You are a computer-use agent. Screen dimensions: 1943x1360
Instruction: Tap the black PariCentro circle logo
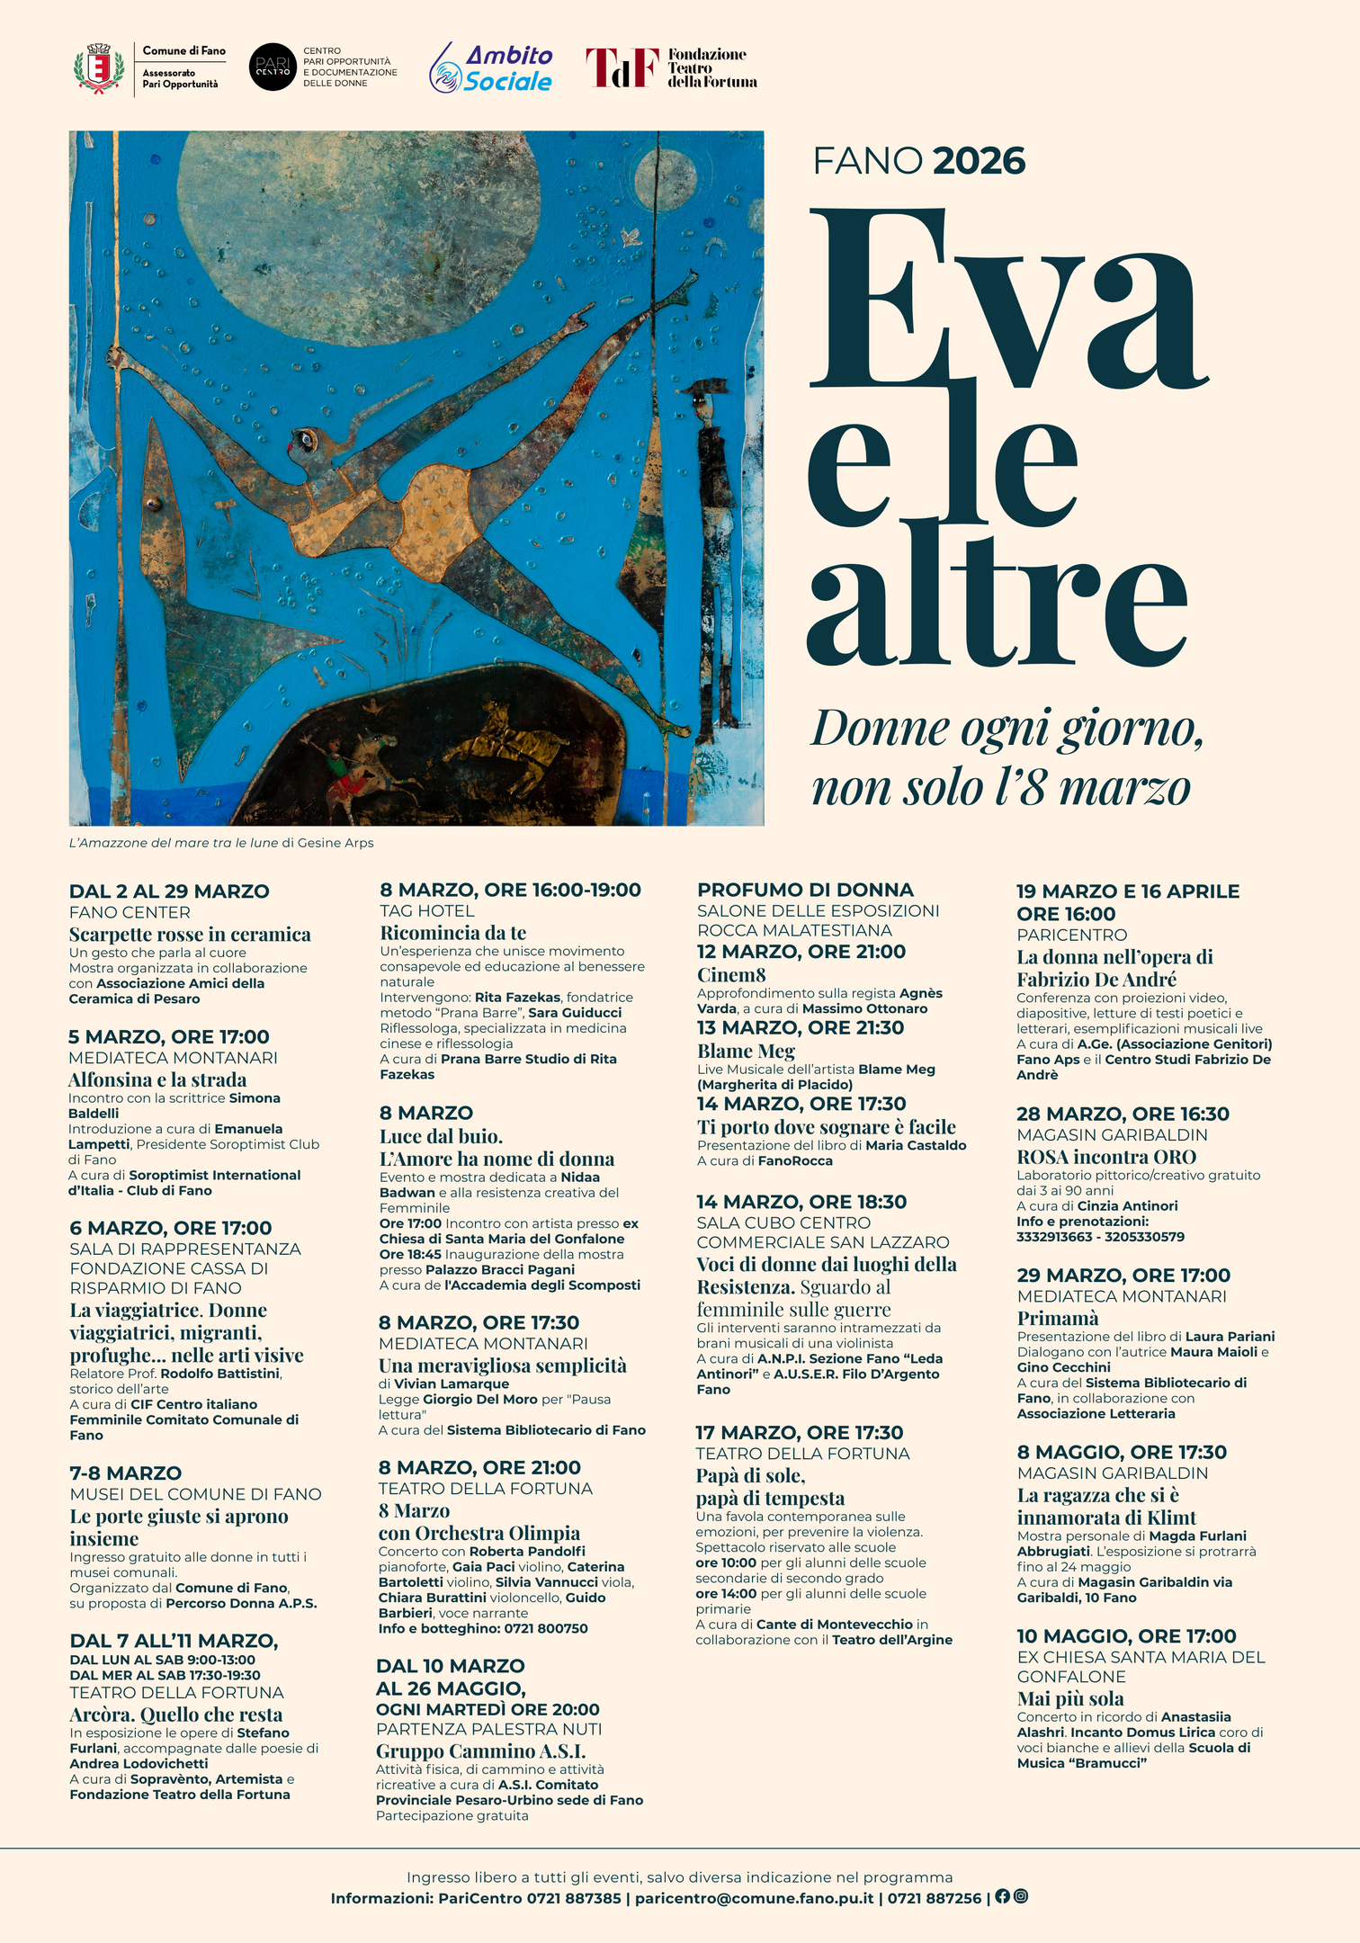pyautogui.click(x=272, y=67)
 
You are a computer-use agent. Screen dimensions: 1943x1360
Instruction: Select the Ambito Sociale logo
pyautogui.click(x=492, y=68)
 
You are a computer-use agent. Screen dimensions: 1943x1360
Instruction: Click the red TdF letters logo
pyautogui.click(x=622, y=67)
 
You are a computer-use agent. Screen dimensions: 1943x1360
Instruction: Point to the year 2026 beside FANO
pyautogui.click(x=979, y=162)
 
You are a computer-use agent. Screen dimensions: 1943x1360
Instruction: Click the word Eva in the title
pyautogui.click(x=1007, y=297)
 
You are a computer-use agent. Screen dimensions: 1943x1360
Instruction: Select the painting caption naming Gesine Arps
pyautogui.click(x=221, y=843)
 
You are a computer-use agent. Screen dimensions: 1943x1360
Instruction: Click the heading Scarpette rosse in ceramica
pyautogui.click(x=190, y=935)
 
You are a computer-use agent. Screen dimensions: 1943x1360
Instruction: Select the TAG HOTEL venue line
pyautogui.click(x=426, y=910)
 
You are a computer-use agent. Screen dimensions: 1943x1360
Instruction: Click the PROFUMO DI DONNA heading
pyautogui.click(x=805, y=890)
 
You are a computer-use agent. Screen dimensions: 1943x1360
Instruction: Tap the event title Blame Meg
pyautogui.click(x=746, y=1051)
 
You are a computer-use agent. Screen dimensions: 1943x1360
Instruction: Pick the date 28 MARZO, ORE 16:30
pyautogui.click(x=1123, y=1114)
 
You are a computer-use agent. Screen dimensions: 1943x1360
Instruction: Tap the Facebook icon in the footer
pyautogui.click(x=1002, y=1896)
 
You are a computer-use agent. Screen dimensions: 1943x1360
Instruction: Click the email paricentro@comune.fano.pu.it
pyautogui.click(x=754, y=1898)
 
